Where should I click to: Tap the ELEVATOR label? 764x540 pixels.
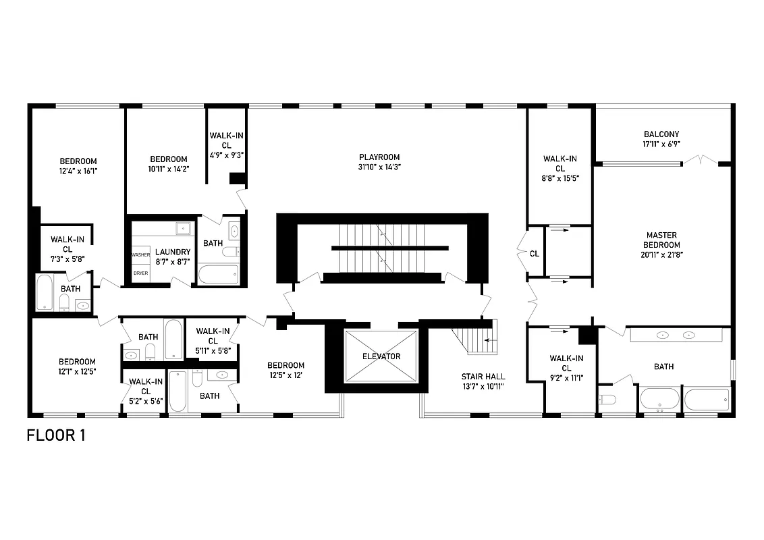pyautogui.click(x=381, y=356)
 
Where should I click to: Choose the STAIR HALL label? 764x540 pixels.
pyautogui.click(x=483, y=377)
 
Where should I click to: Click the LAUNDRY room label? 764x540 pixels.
pyautogui.click(x=173, y=252)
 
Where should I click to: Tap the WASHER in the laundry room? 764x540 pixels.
pyautogui.click(x=140, y=255)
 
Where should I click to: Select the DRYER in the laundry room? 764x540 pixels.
pyautogui.click(x=140, y=273)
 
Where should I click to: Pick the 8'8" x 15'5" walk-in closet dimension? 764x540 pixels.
pyautogui.click(x=560, y=178)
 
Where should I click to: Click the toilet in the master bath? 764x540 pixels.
pyautogui.click(x=607, y=400)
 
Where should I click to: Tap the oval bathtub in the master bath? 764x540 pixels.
pyautogui.click(x=659, y=399)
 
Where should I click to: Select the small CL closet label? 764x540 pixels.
pyautogui.click(x=535, y=254)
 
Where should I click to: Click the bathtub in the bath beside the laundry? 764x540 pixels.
pyautogui.click(x=218, y=274)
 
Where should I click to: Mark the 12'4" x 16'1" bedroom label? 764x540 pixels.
pyautogui.click(x=78, y=165)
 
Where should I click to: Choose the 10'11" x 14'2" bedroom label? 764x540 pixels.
pyautogui.click(x=168, y=164)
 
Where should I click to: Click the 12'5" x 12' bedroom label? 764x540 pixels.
pyautogui.click(x=285, y=370)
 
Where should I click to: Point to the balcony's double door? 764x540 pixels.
pyautogui.click(x=701, y=161)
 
